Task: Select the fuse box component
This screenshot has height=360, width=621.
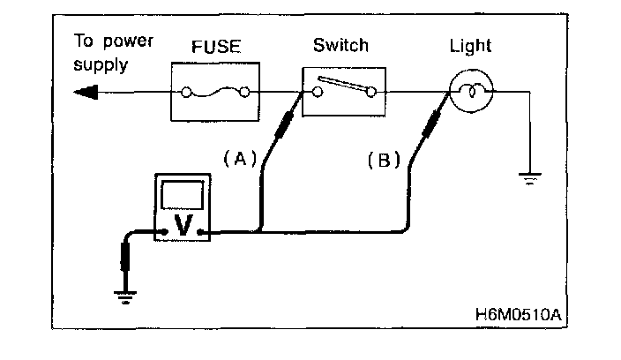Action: click(x=213, y=91)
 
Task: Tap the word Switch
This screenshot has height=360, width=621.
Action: click(x=340, y=45)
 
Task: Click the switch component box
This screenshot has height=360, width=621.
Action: click(x=344, y=91)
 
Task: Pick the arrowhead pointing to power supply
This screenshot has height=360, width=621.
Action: click(x=86, y=91)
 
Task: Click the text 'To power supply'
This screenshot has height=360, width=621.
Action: click(x=102, y=53)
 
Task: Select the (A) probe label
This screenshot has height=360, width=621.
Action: click(x=239, y=159)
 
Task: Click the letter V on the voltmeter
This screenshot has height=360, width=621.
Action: click(x=183, y=226)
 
